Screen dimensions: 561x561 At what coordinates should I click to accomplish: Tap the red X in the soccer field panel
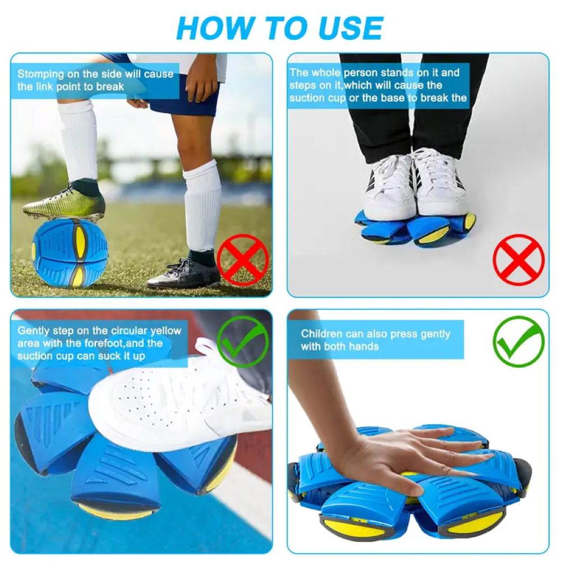coord(243,260)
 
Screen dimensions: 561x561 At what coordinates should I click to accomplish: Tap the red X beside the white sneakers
coord(518,260)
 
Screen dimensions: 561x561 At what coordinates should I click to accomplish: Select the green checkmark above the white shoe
coord(242,342)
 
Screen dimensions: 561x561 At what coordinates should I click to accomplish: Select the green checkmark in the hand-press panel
coord(518,342)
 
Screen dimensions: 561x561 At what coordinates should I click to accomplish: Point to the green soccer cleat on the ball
coord(65,203)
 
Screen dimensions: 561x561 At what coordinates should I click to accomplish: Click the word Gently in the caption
coord(34,330)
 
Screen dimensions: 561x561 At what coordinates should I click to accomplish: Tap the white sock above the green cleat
coord(79,140)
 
